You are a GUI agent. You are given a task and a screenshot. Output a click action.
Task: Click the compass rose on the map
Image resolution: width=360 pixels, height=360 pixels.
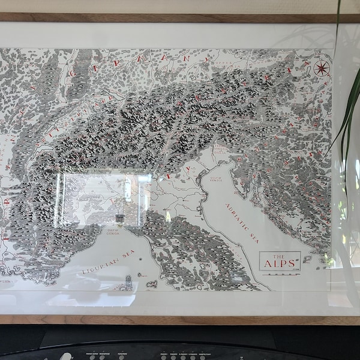click(x=322, y=68)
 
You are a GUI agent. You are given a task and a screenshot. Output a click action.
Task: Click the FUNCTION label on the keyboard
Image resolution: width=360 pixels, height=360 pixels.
click(x=122, y=355)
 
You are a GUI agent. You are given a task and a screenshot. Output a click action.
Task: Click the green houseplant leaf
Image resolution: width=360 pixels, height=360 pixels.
click(x=347, y=114)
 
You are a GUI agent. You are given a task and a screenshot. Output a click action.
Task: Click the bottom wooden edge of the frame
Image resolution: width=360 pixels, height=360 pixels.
click(x=180, y=319)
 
